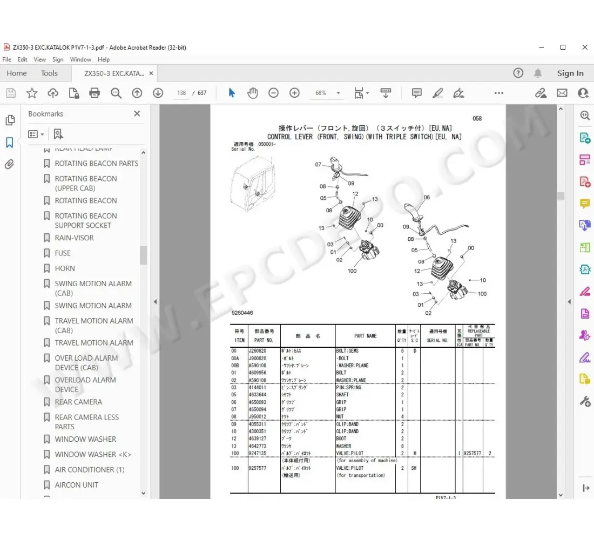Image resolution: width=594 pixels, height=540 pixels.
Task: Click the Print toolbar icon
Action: [94, 93]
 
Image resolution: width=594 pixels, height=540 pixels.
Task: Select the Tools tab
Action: [49, 73]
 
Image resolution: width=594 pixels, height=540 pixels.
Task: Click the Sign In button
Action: [570, 73]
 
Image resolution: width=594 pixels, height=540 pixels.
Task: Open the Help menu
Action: [104, 59]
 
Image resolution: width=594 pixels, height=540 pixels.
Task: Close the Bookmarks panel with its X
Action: [137, 114]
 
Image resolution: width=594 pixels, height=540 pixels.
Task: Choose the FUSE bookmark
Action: [63, 253]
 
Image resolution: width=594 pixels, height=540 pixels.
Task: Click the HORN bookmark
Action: [65, 268]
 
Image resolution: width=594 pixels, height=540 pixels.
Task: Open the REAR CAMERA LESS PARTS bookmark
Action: [86, 422]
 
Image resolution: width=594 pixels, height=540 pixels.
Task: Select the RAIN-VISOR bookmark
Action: [74, 238]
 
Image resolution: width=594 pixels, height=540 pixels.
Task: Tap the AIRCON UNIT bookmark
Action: [76, 485]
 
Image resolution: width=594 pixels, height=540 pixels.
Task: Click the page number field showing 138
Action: [181, 93]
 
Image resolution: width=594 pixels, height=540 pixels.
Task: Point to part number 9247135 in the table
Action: [257, 454]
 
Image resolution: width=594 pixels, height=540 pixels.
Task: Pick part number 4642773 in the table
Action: [257, 446]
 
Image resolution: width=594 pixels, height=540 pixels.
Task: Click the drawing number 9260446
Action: [242, 313]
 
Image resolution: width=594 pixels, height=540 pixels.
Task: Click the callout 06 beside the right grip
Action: [427, 198]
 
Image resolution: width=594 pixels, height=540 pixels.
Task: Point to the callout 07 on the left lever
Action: [318, 165]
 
